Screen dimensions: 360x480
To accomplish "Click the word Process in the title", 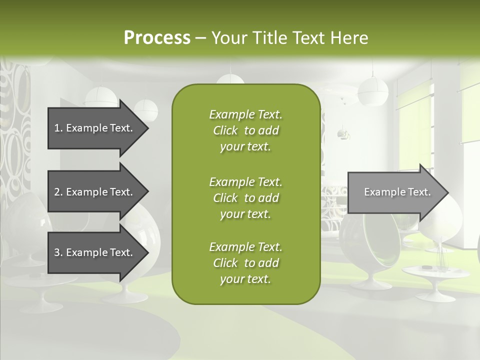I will point(157,38).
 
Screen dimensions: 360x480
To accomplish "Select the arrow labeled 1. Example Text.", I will point(95,128).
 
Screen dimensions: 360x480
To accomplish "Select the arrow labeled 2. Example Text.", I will point(95,192).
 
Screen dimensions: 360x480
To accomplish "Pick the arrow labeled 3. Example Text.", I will point(95,252).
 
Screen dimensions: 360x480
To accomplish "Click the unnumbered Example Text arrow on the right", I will point(395,192).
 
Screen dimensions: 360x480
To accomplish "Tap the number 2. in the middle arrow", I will point(58,192).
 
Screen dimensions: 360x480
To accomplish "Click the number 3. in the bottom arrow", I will point(58,252).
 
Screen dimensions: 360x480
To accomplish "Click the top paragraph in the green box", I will point(245,130).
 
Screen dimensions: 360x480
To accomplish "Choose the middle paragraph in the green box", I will point(245,197).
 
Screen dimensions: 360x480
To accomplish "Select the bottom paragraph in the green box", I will point(245,263).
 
